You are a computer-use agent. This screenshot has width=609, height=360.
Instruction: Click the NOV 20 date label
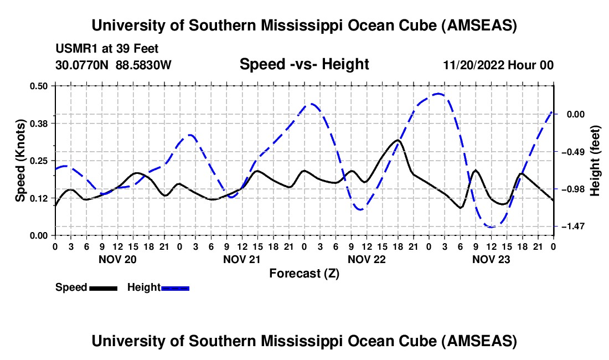(x=117, y=259)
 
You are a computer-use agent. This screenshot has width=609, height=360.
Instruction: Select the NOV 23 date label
(x=491, y=259)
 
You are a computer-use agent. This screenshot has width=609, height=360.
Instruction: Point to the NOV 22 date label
(x=367, y=259)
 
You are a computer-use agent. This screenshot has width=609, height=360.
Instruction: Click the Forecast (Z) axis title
(x=304, y=273)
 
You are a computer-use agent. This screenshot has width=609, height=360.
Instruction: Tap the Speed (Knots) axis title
(x=20, y=160)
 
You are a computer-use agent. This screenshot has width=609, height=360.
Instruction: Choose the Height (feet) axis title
(x=596, y=160)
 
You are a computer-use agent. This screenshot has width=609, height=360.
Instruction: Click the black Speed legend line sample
(x=103, y=288)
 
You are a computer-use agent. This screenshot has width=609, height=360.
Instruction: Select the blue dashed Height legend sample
(x=175, y=288)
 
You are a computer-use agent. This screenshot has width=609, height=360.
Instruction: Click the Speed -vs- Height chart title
(x=304, y=65)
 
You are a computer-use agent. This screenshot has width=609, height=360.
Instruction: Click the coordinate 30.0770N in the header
(x=83, y=65)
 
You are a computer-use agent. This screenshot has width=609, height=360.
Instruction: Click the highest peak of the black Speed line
(x=398, y=140)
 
